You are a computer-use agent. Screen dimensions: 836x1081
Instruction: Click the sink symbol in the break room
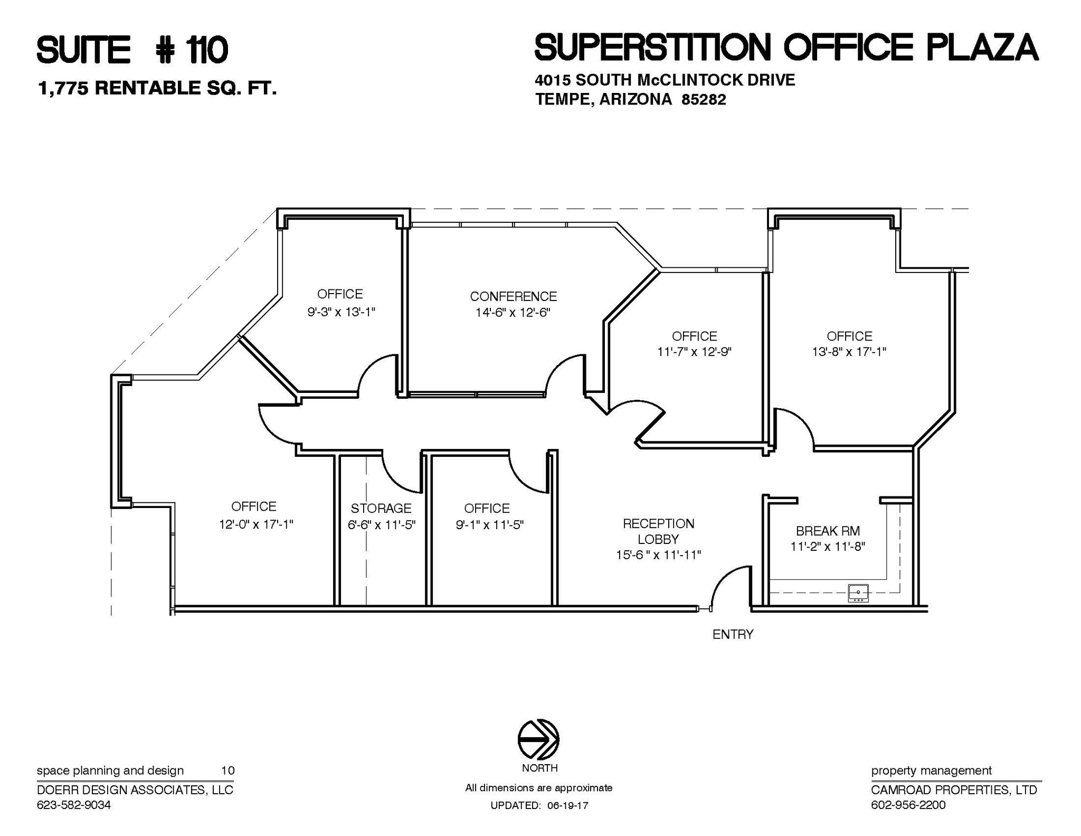click(x=858, y=593)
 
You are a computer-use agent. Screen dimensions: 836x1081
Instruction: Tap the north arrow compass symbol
click(x=538, y=739)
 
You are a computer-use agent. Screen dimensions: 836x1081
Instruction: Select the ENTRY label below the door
click(x=733, y=634)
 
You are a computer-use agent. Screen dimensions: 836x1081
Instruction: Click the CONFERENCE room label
click(x=513, y=296)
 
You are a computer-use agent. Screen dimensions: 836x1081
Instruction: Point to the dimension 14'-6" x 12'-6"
click(x=513, y=313)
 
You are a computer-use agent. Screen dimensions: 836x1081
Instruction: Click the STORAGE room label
click(x=381, y=508)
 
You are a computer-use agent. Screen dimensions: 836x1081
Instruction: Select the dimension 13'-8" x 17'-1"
click(x=849, y=352)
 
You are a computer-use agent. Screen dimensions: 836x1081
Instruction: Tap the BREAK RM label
click(x=828, y=531)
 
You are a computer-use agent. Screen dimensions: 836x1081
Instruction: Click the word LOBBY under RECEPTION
click(x=658, y=539)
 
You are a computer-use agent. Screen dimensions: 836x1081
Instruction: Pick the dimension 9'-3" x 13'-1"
click(x=341, y=312)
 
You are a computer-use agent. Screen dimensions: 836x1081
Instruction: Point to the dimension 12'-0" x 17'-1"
click(x=256, y=524)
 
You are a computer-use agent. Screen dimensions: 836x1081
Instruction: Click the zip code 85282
click(x=704, y=99)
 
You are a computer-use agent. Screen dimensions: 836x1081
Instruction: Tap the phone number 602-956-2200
click(x=908, y=805)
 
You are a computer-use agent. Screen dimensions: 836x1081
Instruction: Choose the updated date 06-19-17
click(x=567, y=805)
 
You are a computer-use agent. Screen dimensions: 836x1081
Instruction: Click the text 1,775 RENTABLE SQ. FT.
click(x=157, y=88)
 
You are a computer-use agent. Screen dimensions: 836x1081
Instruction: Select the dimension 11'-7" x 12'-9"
click(x=694, y=352)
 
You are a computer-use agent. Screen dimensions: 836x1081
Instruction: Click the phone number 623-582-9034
click(x=74, y=805)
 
